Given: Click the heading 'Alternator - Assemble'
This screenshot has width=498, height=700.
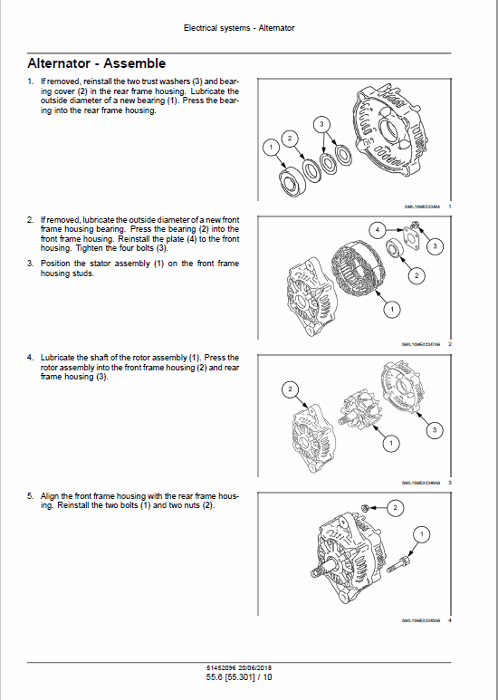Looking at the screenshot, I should coord(96,63).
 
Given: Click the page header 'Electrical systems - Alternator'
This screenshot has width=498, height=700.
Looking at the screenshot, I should coord(239,28).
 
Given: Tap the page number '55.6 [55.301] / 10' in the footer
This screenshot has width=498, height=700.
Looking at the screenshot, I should coord(238,677).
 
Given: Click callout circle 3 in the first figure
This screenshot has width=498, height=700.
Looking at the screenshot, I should coord(321,123).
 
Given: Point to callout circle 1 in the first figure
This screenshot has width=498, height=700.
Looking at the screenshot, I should coord(269,146).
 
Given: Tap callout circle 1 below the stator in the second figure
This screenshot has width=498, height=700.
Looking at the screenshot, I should coord(391,311).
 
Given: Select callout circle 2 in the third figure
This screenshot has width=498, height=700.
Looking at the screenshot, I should coord(291,389).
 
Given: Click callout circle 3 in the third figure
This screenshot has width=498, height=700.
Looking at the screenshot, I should coord(436,429).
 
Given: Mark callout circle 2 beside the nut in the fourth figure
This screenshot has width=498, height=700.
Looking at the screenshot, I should coord(395,509).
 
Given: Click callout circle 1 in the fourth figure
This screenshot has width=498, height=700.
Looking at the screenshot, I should coord(420,536).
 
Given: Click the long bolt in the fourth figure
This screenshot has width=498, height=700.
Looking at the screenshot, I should coord(404,568).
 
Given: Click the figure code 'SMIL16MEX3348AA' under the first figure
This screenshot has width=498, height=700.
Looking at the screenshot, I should coord(422,206).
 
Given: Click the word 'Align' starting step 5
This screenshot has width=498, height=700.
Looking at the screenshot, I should coord(49,496).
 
